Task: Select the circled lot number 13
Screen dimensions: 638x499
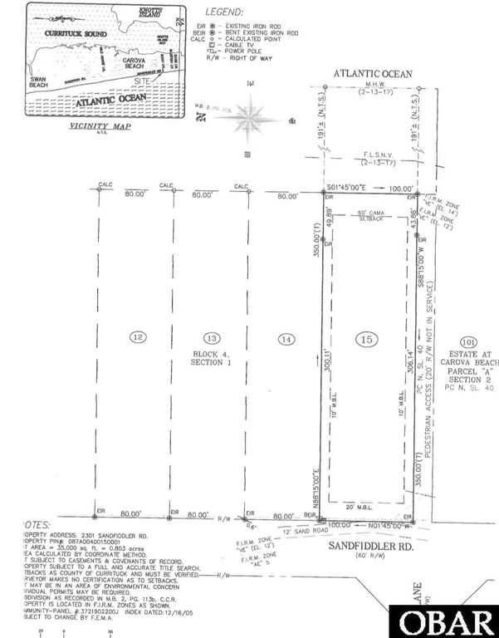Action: pos(212,336)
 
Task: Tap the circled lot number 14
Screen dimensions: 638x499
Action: pos(286,338)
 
